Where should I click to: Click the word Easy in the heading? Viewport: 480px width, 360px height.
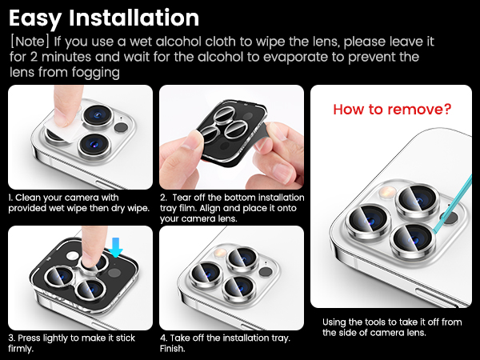tap(35, 18)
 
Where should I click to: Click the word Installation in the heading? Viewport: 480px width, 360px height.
tap(134, 18)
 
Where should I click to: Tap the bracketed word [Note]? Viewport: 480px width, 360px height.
tap(30, 42)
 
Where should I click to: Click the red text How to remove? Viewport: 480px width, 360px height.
tap(392, 109)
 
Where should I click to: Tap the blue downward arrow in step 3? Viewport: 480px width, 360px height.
tap(116, 247)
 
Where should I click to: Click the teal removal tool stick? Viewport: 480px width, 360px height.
tap(452, 203)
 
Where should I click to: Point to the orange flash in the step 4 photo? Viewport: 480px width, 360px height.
tap(219, 253)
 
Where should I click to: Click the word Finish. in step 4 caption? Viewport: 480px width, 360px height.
tap(172, 348)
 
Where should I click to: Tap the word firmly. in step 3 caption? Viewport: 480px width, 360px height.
tap(21, 349)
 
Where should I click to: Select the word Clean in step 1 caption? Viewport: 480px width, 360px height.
tap(26, 198)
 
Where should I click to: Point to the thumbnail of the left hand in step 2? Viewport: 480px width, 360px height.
tap(192, 138)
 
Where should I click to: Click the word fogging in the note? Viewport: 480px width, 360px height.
tap(95, 73)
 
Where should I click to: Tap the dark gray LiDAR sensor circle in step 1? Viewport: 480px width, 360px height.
tap(121, 127)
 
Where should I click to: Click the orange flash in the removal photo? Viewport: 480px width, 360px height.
tap(387, 192)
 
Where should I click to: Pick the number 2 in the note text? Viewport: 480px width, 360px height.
tap(34, 57)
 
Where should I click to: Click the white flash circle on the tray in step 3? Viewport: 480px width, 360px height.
tap(73, 256)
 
